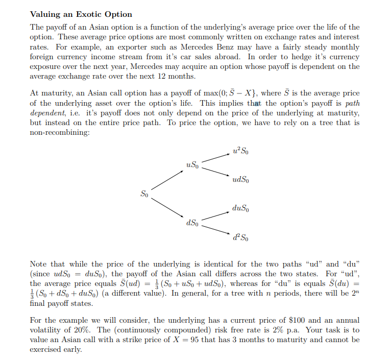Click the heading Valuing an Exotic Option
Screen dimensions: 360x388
pyautogui.click(x=81, y=14)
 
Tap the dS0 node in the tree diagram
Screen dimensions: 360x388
pyautogui.click(x=192, y=223)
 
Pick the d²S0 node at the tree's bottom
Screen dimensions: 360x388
pyautogui.click(x=240, y=237)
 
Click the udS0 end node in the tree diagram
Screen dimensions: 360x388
pyautogui.click(x=241, y=180)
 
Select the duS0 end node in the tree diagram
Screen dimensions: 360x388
pyautogui.click(x=241, y=208)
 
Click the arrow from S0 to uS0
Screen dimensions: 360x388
pyautogui.click(x=167, y=180)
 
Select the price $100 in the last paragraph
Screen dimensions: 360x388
pyautogui.click(x=298, y=320)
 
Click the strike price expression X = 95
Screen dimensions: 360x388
pyautogui.click(x=202, y=340)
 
